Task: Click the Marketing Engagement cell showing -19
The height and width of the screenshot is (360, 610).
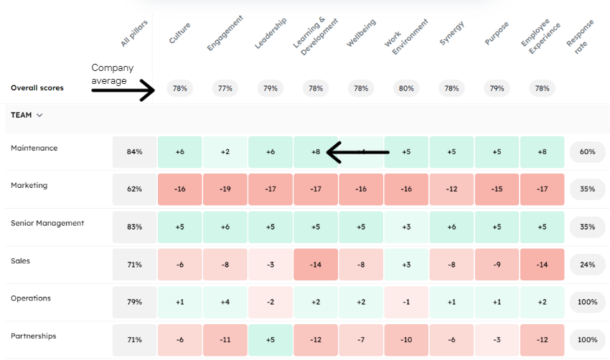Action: [225, 189]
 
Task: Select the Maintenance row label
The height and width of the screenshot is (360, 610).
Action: [34, 148]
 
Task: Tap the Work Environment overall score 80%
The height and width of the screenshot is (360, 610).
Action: [406, 88]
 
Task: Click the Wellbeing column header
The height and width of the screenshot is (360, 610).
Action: [362, 33]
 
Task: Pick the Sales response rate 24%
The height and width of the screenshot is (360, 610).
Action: [588, 265]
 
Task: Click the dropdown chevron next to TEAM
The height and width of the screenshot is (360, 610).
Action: [39, 115]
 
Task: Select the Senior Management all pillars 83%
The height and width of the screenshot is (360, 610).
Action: [134, 227]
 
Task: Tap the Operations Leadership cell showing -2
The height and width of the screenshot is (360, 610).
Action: [270, 302]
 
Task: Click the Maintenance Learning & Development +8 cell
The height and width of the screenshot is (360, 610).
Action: [315, 152]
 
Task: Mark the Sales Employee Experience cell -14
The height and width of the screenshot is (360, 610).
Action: [542, 265]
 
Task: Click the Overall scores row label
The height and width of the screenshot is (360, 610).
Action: [37, 88]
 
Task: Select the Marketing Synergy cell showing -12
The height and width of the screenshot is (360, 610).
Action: [451, 189]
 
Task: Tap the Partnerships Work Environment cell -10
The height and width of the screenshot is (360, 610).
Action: [406, 339]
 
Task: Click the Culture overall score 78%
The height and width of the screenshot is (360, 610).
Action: [179, 88]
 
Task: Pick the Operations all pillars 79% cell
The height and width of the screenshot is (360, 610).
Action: [134, 302]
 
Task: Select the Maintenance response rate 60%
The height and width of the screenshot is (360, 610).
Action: [588, 152]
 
